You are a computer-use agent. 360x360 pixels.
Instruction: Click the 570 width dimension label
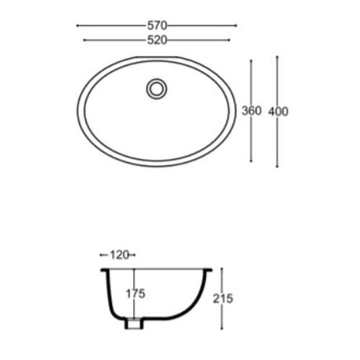(x=157, y=26)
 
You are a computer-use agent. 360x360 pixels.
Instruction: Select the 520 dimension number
(x=157, y=40)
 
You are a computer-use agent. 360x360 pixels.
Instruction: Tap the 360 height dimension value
(x=251, y=111)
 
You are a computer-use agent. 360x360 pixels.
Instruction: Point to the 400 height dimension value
(x=279, y=111)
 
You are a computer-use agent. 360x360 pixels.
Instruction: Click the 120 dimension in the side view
(x=120, y=255)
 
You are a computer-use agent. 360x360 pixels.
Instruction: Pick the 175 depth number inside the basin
(x=135, y=294)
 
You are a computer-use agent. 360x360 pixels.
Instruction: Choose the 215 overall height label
(x=223, y=299)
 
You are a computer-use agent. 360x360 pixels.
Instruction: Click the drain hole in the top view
(x=157, y=88)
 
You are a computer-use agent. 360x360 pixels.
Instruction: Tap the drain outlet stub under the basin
(x=134, y=323)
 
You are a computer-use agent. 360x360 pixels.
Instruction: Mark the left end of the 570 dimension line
(x=77, y=26)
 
